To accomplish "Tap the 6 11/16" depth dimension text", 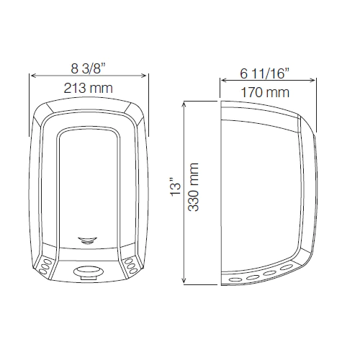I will tap(265, 74).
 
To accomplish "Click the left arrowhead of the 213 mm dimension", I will tap(32, 76).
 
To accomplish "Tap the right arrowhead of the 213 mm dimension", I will tap(147, 76).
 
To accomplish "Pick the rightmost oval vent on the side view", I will tap(289, 269).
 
